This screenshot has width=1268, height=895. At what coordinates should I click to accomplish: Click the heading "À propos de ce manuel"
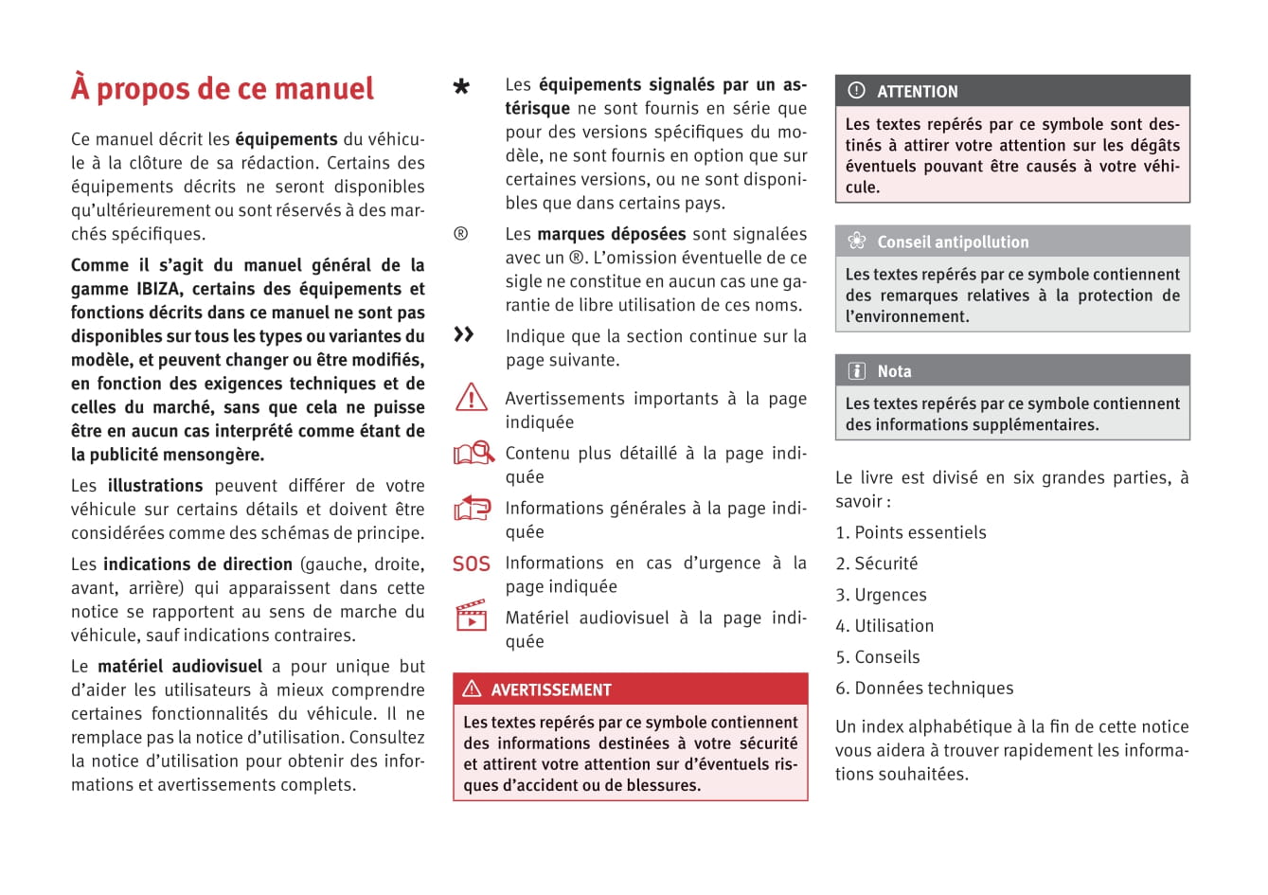pyautogui.click(x=223, y=89)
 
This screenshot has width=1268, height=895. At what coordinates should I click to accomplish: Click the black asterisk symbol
pyautogui.click(x=461, y=88)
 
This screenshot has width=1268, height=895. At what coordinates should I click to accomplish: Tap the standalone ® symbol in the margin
pyautogui.click(x=461, y=234)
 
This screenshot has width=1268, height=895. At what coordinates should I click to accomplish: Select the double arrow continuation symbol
pyautogui.click(x=463, y=334)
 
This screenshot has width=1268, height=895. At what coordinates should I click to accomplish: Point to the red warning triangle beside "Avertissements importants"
pyautogui.click(x=472, y=398)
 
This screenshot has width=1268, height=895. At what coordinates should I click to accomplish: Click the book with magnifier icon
pyautogui.click(x=473, y=453)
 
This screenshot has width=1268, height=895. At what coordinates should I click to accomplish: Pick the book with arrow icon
pyautogui.click(x=473, y=509)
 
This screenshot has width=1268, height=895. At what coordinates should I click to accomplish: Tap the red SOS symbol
pyautogui.click(x=472, y=564)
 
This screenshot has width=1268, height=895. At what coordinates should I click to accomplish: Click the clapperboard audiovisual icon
pyautogui.click(x=472, y=616)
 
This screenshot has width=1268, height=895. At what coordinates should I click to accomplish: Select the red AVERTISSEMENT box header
pyautogui.click(x=630, y=689)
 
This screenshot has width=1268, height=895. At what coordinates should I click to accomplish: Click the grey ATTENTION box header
pyautogui.click(x=1011, y=92)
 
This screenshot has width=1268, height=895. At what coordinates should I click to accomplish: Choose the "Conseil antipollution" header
pyautogui.click(x=1011, y=242)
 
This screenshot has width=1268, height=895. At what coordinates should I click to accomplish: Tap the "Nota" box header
pyautogui.click(x=1011, y=371)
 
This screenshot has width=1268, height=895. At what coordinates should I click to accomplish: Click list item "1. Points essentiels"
pyautogui.click(x=910, y=533)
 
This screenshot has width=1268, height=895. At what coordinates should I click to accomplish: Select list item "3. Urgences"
pyautogui.click(x=881, y=596)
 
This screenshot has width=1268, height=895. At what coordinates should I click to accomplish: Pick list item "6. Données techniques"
pyautogui.click(x=923, y=689)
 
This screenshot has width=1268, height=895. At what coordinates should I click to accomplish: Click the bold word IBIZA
pyautogui.click(x=158, y=289)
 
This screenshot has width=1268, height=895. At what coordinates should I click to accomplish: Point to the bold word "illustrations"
pyautogui.click(x=155, y=486)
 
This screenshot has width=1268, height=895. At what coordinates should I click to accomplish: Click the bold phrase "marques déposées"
pyautogui.click(x=611, y=234)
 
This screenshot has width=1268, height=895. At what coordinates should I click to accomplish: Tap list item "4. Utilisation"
pyautogui.click(x=884, y=626)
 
